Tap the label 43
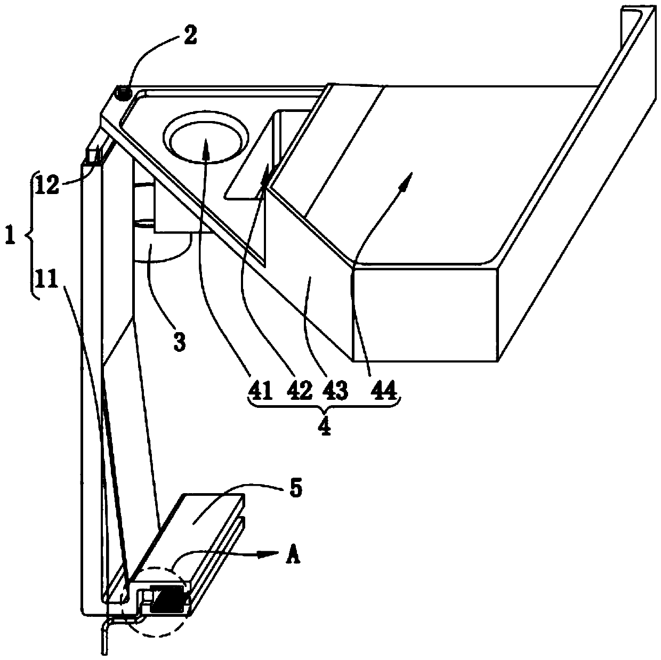[335, 393]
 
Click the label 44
[384, 393]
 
